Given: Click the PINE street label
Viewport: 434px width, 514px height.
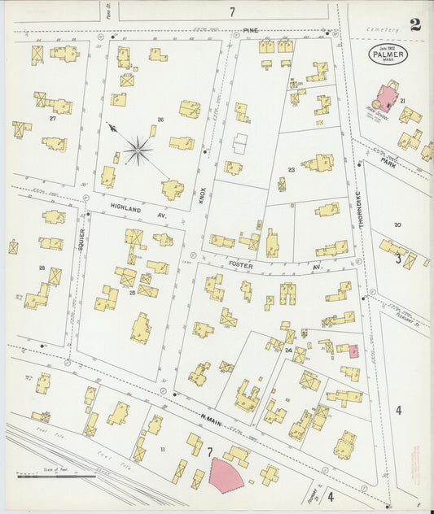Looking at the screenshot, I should pyautogui.click(x=252, y=30).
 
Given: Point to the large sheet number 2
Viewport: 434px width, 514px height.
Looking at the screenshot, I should pyautogui.click(x=415, y=24).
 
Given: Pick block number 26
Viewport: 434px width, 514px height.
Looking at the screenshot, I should pyautogui.click(x=160, y=120).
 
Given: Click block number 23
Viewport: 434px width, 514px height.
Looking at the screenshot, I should pyautogui.click(x=291, y=171).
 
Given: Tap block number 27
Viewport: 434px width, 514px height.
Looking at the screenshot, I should pyautogui.click(x=53, y=119).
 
